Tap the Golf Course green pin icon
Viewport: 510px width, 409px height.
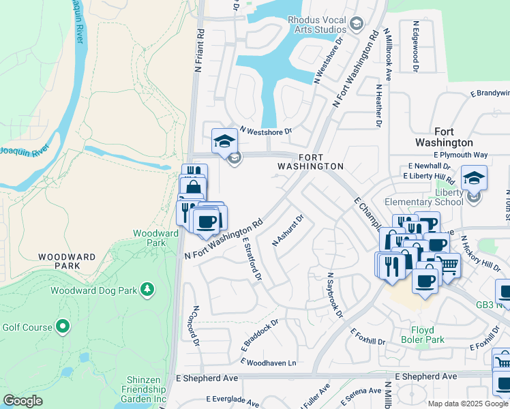pyautogui.click(x=63, y=327)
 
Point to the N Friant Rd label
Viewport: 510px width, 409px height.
pyautogui.click(x=199, y=50)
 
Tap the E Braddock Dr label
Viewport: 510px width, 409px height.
pyautogui.click(x=260, y=333)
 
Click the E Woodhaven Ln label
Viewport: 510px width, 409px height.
pyautogui.click(x=268, y=363)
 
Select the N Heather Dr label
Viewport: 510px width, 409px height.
pyautogui.click(x=376, y=105)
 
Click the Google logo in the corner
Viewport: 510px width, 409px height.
pyautogui.click(x=22, y=400)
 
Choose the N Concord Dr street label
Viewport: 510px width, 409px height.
pyautogui.click(x=195, y=325)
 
